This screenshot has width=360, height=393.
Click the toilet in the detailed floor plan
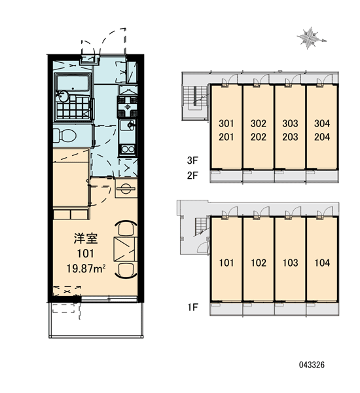(x=65, y=136)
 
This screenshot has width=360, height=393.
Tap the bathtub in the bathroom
(x=73, y=83)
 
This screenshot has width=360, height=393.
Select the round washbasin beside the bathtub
(x=62, y=96)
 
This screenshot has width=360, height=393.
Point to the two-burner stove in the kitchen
(x=128, y=149)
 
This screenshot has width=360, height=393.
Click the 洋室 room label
(x=86, y=238)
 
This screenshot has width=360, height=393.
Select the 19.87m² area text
(x=86, y=269)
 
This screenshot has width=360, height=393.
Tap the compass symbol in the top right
(x=310, y=38)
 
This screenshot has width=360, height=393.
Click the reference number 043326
(x=312, y=365)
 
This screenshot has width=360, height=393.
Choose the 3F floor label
(x=192, y=160)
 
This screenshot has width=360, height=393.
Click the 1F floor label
(x=192, y=307)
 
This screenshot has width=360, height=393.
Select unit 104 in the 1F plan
(x=322, y=263)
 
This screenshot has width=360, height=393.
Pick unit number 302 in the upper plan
(x=259, y=123)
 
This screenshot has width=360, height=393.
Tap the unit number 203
(x=290, y=137)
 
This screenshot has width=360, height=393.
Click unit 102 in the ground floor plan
(x=259, y=263)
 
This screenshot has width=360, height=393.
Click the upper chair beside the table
(x=126, y=228)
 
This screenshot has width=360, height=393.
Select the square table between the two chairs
(x=125, y=249)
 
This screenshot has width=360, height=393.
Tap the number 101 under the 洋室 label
(x=86, y=253)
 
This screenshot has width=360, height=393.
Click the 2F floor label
(x=192, y=175)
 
